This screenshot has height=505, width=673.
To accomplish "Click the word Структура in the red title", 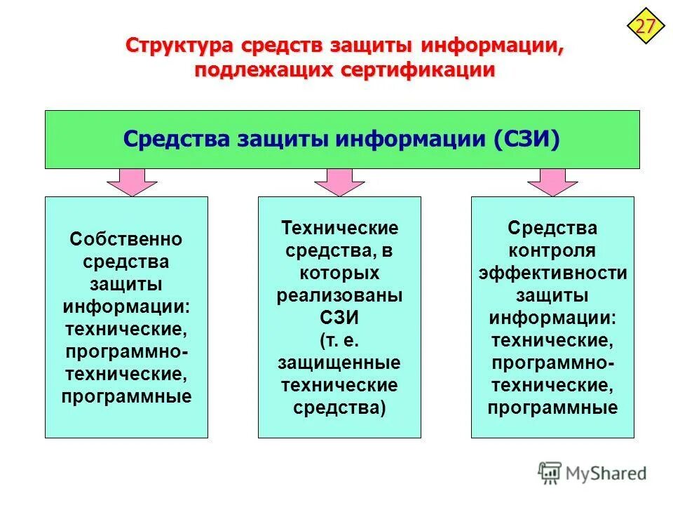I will pos(180,46).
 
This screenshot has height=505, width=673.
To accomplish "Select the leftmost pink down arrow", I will pos(132,182).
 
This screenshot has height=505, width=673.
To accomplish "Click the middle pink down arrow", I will pos(339,182).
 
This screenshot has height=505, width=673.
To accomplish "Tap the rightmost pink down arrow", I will pos(552,182).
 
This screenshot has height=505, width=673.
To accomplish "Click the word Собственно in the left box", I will pos(126,240).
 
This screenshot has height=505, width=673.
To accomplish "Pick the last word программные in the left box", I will pos(126,396).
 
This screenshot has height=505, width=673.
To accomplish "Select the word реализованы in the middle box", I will pos(339,295).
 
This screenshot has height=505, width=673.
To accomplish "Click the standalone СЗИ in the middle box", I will pos(339,318).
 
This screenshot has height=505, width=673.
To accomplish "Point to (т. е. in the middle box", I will pos(339,340).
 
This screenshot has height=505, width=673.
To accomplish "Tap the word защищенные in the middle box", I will pos(339,363).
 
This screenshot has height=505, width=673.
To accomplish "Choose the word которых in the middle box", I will pos(339,273).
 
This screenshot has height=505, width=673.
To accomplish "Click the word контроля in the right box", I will pos(552,250).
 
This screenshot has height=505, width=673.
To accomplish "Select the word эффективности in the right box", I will pos(552,273).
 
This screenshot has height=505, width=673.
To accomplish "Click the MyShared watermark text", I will pos(607,473).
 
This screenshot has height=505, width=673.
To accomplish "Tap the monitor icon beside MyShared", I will pos(550,473).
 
